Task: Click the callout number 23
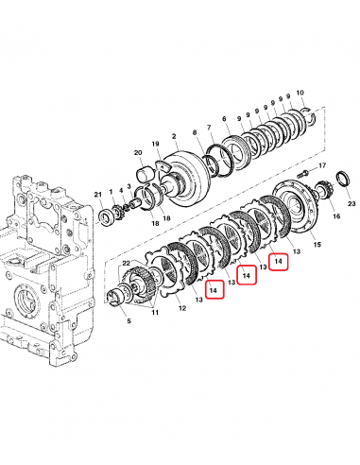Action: coord(351,203)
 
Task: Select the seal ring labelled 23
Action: coord(343,179)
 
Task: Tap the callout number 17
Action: coord(322,165)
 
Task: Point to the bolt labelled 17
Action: coord(303,173)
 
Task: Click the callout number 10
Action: coord(300,93)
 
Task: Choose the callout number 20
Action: coord(138,153)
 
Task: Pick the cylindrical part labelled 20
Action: coord(146,175)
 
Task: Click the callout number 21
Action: coord(98,195)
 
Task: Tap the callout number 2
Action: coord(174,136)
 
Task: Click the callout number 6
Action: coord(224,119)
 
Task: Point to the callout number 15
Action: coord(317,244)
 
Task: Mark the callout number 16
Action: coord(336,215)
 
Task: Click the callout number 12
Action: coord(182,308)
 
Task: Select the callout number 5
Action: coord(129,321)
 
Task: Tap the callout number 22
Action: coord(127,263)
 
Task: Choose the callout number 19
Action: coord(155,144)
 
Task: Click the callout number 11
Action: coord(155,313)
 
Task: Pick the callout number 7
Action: coord(209,128)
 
